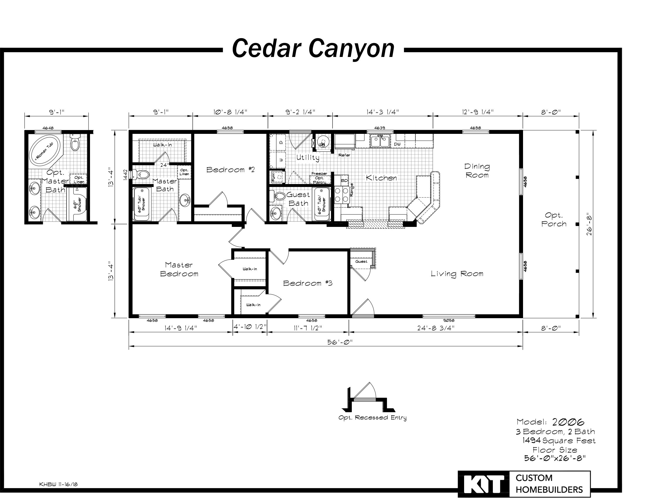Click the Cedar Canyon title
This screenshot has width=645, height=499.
pyautogui.click(x=313, y=49)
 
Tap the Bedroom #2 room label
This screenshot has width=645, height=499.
pyautogui.click(x=230, y=170)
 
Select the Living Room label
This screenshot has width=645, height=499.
pyautogui.click(x=457, y=274)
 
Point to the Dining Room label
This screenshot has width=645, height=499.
pyautogui.click(x=477, y=171)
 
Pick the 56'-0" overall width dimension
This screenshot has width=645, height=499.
pyautogui.click(x=340, y=342)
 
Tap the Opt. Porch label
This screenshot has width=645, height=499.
pyautogui.click(x=554, y=220)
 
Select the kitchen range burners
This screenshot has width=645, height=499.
pyautogui.click(x=342, y=196)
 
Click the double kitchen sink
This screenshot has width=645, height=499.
pyautogui.click(x=380, y=141)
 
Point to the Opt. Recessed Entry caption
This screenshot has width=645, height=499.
pyautogui.click(x=372, y=418)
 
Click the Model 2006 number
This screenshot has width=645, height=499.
pyautogui.click(x=568, y=422)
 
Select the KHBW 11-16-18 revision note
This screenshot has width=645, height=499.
pyautogui.click(x=58, y=484)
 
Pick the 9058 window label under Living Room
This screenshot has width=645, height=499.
pyautogui.click(x=449, y=320)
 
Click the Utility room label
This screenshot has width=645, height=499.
pyautogui.click(x=308, y=158)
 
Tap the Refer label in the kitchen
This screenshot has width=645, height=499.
pyautogui.click(x=344, y=155)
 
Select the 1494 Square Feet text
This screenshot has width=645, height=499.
pyautogui.click(x=559, y=441)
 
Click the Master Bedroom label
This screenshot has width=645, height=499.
pyautogui.click(x=179, y=269)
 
